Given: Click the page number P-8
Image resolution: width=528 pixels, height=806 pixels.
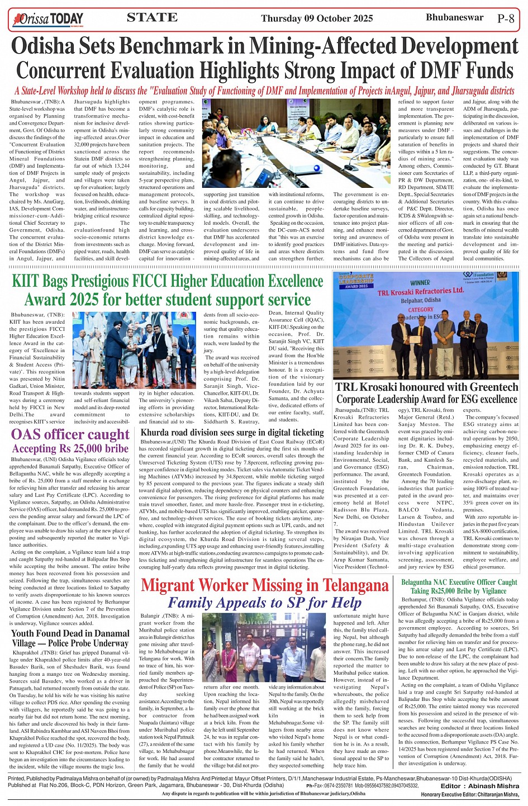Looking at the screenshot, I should [x=505, y=18].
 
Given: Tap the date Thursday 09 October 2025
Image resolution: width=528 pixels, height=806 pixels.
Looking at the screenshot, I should [x=317, y=18].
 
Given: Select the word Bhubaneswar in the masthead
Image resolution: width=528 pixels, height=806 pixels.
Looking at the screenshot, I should [x=454, y=17].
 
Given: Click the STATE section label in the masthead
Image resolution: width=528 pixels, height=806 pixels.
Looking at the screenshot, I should [x=152, y=17].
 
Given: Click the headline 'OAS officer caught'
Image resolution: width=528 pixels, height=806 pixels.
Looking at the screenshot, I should [x=70, y=435].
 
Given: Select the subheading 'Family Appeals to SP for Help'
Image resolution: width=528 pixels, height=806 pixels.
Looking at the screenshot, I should [x=264, y=603].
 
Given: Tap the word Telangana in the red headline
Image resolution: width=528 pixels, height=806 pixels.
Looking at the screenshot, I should [x=343, y=585].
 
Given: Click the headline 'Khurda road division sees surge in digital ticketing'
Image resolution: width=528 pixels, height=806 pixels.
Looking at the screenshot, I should [x=232, y=433].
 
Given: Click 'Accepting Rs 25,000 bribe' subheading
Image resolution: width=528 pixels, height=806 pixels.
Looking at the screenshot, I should [x=70, y=449].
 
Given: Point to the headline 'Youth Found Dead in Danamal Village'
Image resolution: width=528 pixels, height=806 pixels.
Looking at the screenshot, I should [x=70, y=638].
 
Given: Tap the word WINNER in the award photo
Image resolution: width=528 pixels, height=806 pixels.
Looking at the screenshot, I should [x=420, y=283].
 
